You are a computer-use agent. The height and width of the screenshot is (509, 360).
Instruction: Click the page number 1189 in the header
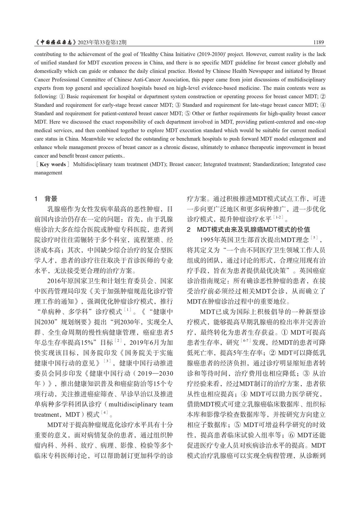(x=319, y=43)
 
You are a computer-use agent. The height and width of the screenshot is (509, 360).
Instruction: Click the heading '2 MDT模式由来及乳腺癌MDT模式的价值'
(x=248, y=229)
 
